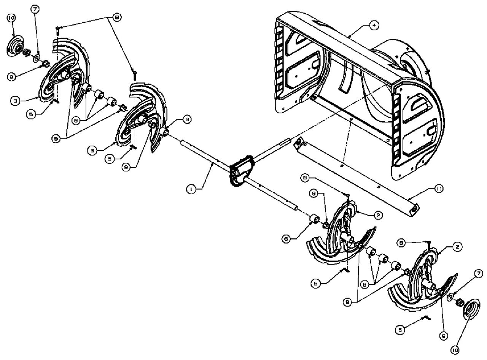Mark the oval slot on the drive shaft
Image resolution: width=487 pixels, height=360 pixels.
pos(284,143)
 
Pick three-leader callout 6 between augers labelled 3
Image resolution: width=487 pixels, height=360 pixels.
pos(76,120)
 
